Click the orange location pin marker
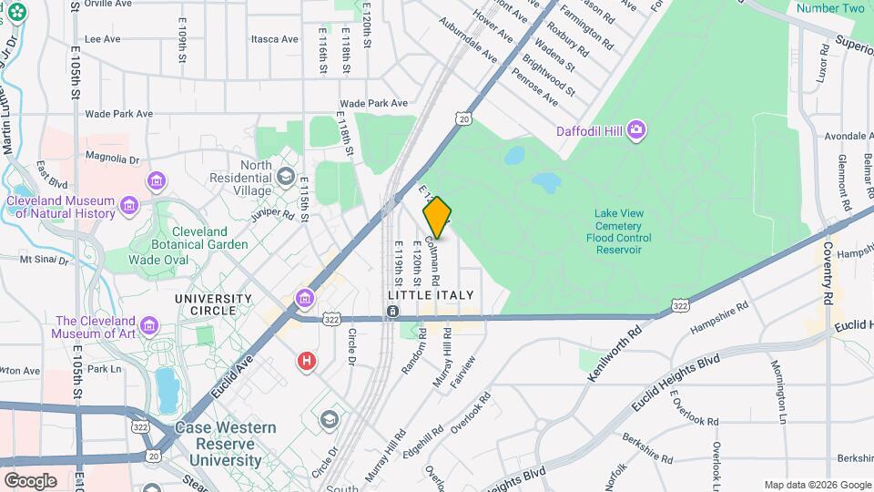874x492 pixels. pyautogui.click(x=437, y=217)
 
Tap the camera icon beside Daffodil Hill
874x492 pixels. pyautogui.click(x=636, y=131)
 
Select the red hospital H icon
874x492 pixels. pyautogui.click(x=308, y=362)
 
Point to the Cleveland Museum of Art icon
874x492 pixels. pyautogui.click(x=148, y=325)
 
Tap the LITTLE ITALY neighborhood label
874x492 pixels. pyautogui.click(x=431, y=295)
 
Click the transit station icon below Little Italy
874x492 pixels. pyautogui.click(x=392, y=313)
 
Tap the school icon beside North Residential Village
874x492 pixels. pyautogui.click(x=286, y=175)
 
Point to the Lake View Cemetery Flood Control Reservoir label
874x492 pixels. pyautogui.click(x=619, y=231)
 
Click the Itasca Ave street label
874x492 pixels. pyautogui.click(x=275, y=39)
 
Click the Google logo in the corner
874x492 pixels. pyautogui.click(x=30, y=480)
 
